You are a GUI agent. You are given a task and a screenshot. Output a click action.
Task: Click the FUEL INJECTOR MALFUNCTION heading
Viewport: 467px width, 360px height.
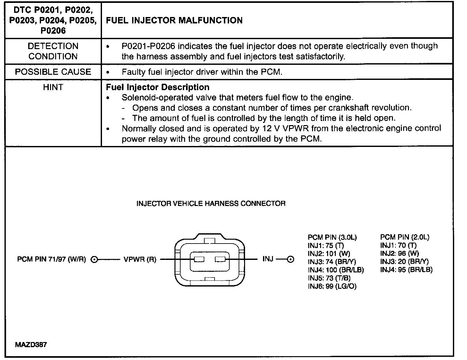[174, 21]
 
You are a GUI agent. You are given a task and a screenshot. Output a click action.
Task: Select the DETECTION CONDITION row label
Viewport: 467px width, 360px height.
[53, 51]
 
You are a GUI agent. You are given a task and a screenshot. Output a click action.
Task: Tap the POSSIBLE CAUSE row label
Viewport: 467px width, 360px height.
[53, 72]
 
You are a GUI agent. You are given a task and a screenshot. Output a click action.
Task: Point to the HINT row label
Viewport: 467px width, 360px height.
[53, 87]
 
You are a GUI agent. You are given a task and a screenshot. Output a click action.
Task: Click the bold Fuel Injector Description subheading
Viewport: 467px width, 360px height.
[157, 87]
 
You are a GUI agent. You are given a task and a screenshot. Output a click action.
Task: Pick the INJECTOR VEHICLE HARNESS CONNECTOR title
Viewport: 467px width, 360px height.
[211, 203]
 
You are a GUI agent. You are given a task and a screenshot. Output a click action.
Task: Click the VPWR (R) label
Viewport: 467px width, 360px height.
[140, 259]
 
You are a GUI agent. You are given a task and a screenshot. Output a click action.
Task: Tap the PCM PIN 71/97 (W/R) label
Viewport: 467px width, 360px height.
[51, 259]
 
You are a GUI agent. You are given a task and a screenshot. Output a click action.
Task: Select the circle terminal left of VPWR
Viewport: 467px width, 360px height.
[94, 259]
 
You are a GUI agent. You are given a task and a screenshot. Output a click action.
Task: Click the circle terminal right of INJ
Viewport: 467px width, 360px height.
[290, 259]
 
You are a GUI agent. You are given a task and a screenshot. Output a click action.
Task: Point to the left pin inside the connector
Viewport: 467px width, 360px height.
[199, 259]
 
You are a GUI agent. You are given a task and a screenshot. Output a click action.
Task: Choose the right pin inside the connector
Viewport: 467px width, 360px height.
[221, 259]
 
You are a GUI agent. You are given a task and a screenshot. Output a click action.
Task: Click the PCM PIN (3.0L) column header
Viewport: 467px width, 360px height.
[332, 237]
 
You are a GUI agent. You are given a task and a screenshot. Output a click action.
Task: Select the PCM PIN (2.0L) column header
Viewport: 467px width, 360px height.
[404, 237]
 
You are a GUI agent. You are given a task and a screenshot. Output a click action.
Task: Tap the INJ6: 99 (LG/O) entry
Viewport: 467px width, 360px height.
[332, 286]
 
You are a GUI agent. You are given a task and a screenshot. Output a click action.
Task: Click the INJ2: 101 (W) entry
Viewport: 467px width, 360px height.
[329, 254]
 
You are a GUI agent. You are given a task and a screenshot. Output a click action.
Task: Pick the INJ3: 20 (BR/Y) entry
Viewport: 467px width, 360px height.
[404, 262]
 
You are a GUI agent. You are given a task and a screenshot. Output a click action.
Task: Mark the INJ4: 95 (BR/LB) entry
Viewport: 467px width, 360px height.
[406, 270]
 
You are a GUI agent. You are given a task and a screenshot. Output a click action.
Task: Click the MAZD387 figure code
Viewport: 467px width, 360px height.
[31, 345]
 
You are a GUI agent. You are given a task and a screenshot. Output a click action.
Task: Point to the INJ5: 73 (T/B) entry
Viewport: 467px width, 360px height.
[329, 278]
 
